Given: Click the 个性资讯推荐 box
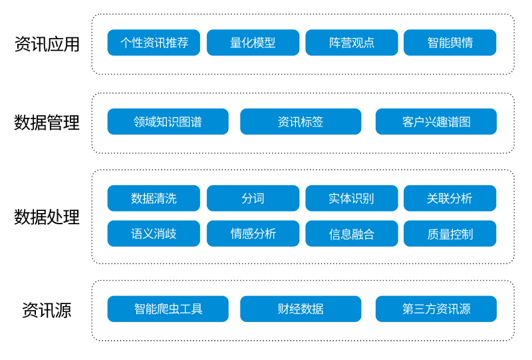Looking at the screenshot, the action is (x=154, y=43).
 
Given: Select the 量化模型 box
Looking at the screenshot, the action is (x=253, y=43).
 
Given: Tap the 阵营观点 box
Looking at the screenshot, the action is (x=352, y=43).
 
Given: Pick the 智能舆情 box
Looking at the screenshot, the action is (x=450, y=43).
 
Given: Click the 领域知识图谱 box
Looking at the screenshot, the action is (x=168, y=122).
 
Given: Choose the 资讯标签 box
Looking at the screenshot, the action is (x=301, y=122).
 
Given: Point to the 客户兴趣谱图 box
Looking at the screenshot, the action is (x=436, y=122).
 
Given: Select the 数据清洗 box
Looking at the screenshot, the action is (x=154, y=198).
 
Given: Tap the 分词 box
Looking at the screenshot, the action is (x=253, y=198).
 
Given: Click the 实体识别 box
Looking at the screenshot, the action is (x=352, y=198).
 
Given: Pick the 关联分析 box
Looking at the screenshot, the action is (x=450, y=198).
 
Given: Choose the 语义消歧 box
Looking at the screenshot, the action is (x=154, y=234).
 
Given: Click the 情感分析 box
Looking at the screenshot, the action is (x=253, y=234).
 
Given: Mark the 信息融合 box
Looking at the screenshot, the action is (x=352, y=234).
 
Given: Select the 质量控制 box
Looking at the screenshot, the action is (x=450, y=234).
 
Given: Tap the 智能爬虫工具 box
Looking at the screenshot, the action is (x=168, y=309).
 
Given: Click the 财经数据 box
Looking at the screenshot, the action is (x=301, y=309).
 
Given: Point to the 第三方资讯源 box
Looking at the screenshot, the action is (x=436, y=309).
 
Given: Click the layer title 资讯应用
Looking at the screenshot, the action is (x=47, y=44).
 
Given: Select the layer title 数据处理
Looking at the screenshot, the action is (x=47, y=217).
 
